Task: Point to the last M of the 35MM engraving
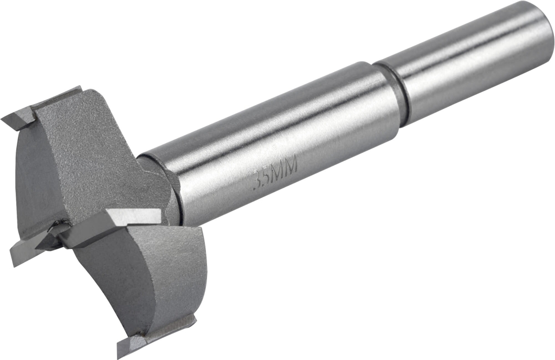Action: pyautogui.click(x=292, y=168)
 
